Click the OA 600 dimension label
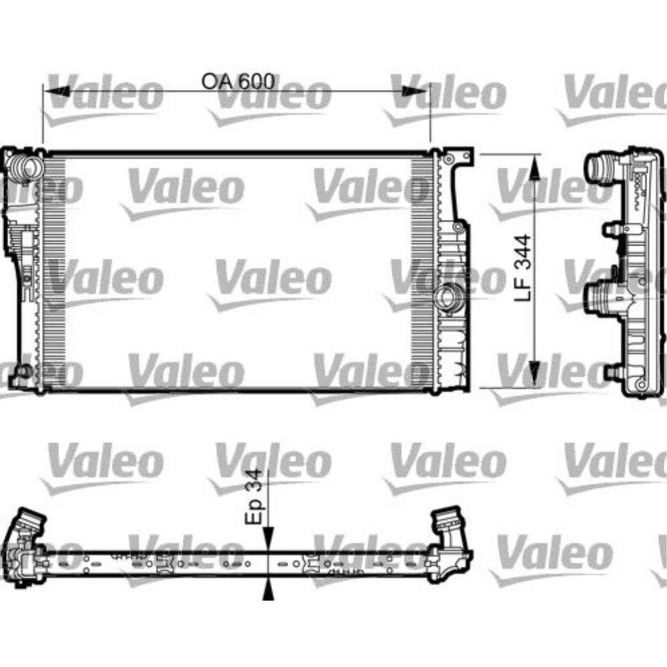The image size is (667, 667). [x=238, y=81]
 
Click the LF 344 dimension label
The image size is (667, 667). [x=524, y=267]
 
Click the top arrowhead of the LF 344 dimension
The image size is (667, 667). [x=535, y=167]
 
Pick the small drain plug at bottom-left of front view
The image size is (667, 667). [x=24, y=371]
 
